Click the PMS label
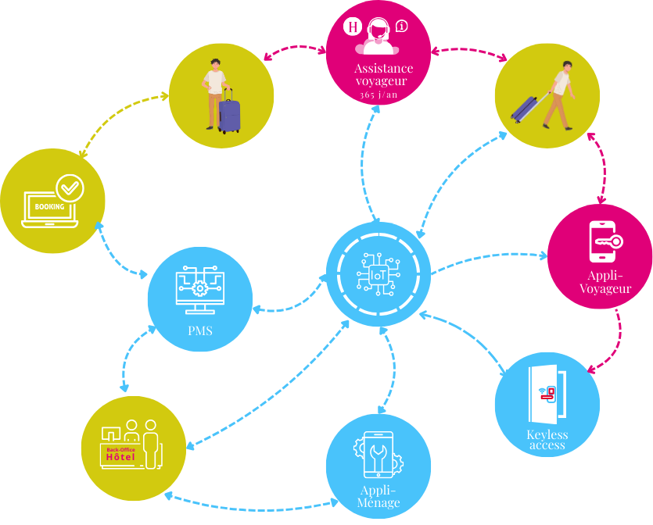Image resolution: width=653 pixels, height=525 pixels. [199, 330]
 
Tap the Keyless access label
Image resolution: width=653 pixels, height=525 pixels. [547, 440]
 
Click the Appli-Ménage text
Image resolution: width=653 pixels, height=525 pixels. [379, 496]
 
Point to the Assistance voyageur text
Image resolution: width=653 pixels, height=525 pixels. [378, 75]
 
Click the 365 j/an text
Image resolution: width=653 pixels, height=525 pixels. [378, 95]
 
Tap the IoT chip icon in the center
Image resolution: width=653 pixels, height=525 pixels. [379, 274]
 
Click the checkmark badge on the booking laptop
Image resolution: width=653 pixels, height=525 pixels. [70, 187]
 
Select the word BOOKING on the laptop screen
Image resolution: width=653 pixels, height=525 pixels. [49, 207]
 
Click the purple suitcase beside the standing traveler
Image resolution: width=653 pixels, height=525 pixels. [229, 114]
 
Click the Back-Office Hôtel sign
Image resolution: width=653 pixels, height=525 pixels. [120, 454]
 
